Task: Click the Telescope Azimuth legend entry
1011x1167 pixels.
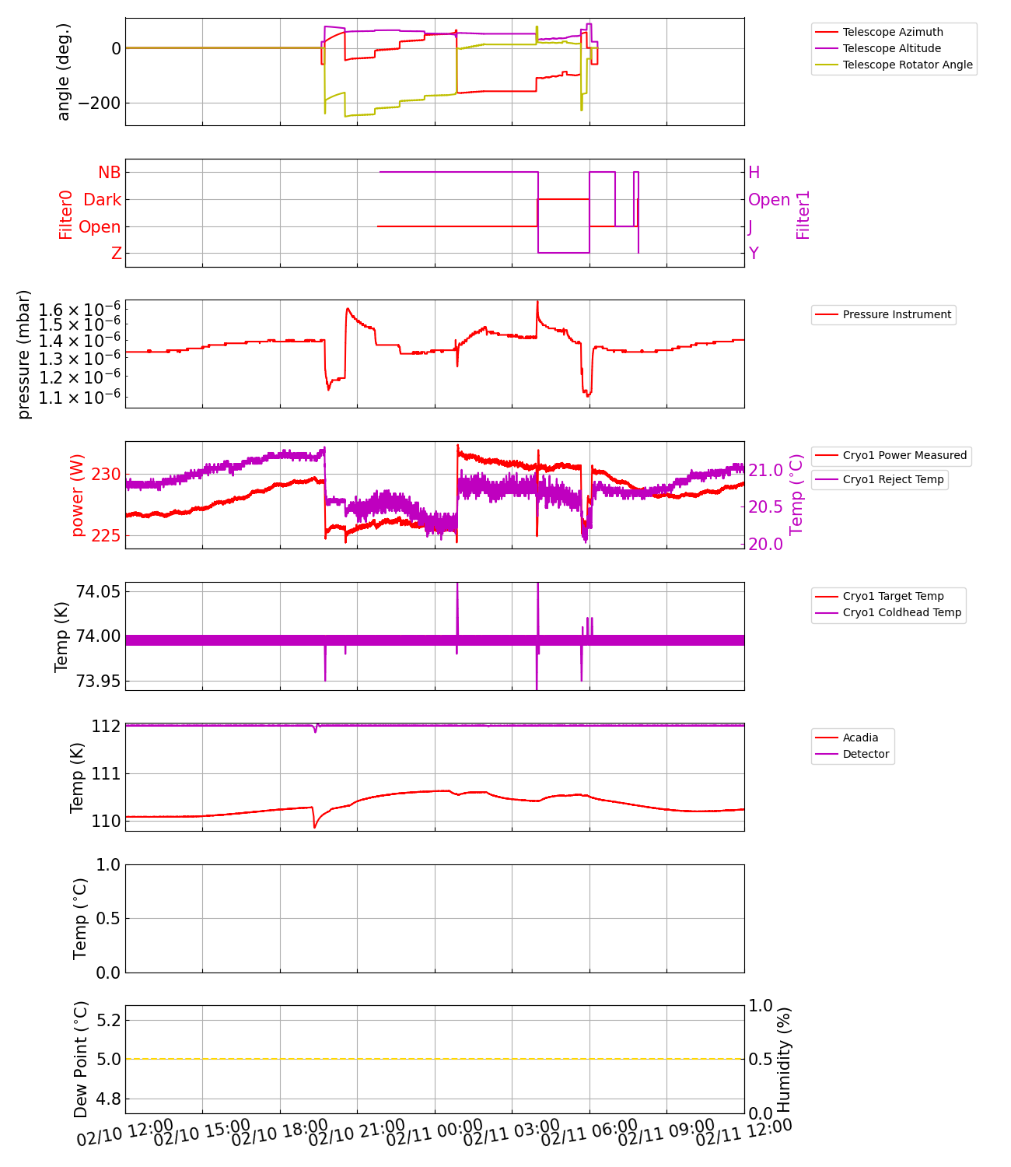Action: pyautogui.click(x=892, y=32)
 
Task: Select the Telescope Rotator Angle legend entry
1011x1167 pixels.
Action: pyautogui.click(x=907, y=65)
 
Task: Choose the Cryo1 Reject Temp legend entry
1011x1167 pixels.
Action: pyautogui.click(x=893, y=479)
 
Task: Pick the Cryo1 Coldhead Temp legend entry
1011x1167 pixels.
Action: pyautogui.click(x=901, y=612)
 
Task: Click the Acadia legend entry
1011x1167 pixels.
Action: pyautogui.click(x=860, y=738)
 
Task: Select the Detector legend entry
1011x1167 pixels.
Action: pyautogui.click(x=866, y=754)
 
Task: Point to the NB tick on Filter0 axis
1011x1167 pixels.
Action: pyautogui.click(x=110, y=173)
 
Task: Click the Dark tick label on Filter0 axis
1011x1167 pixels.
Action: pyautogui.click(x=103, y=200)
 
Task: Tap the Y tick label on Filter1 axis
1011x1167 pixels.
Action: pyautogui.click(x=754, y=254)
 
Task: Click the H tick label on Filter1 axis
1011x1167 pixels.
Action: pyautogui.click(x=754, y=173)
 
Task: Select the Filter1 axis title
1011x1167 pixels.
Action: pyautogui.click(x=803, y=215)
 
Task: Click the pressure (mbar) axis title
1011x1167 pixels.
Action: pyautogui.click(x=24, y=354)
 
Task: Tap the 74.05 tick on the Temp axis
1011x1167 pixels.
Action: pyautogui.click(x=98, y=591)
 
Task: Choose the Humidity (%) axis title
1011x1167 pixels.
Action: pyautogui.click(x=784, y=1060)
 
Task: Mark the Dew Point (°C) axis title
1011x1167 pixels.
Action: pyautogui.click(x=81, y=1060)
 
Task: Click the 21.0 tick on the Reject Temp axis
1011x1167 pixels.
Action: pyautogui.click(x=765, y=471)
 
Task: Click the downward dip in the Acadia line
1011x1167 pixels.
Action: pyautogui.click(x=315, y=826)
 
